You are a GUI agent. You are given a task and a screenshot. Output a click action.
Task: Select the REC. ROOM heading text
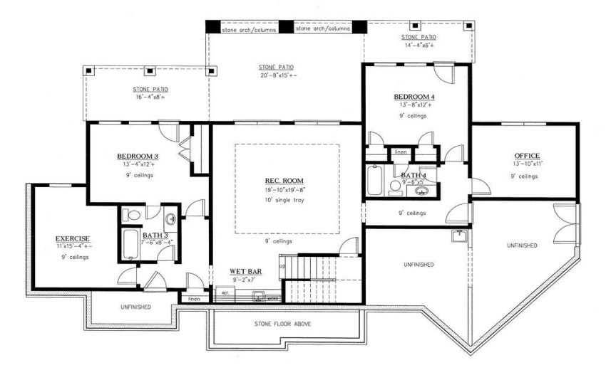point(284,180)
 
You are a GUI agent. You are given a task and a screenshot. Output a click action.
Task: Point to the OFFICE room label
point(527,156)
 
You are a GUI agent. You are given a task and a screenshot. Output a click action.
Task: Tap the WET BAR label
point(247,272)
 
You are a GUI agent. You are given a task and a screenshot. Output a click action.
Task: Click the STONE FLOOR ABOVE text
point(282,324)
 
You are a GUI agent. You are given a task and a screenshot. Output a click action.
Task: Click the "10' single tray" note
point(284,202)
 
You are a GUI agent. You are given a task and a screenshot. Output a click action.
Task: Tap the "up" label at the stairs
point(282,266)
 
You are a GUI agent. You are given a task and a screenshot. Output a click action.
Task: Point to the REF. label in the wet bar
point(224,292)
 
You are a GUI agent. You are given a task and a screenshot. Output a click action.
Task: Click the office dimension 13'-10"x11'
point(527,164)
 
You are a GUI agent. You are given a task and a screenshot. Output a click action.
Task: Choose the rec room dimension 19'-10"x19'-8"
point(284,189)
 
